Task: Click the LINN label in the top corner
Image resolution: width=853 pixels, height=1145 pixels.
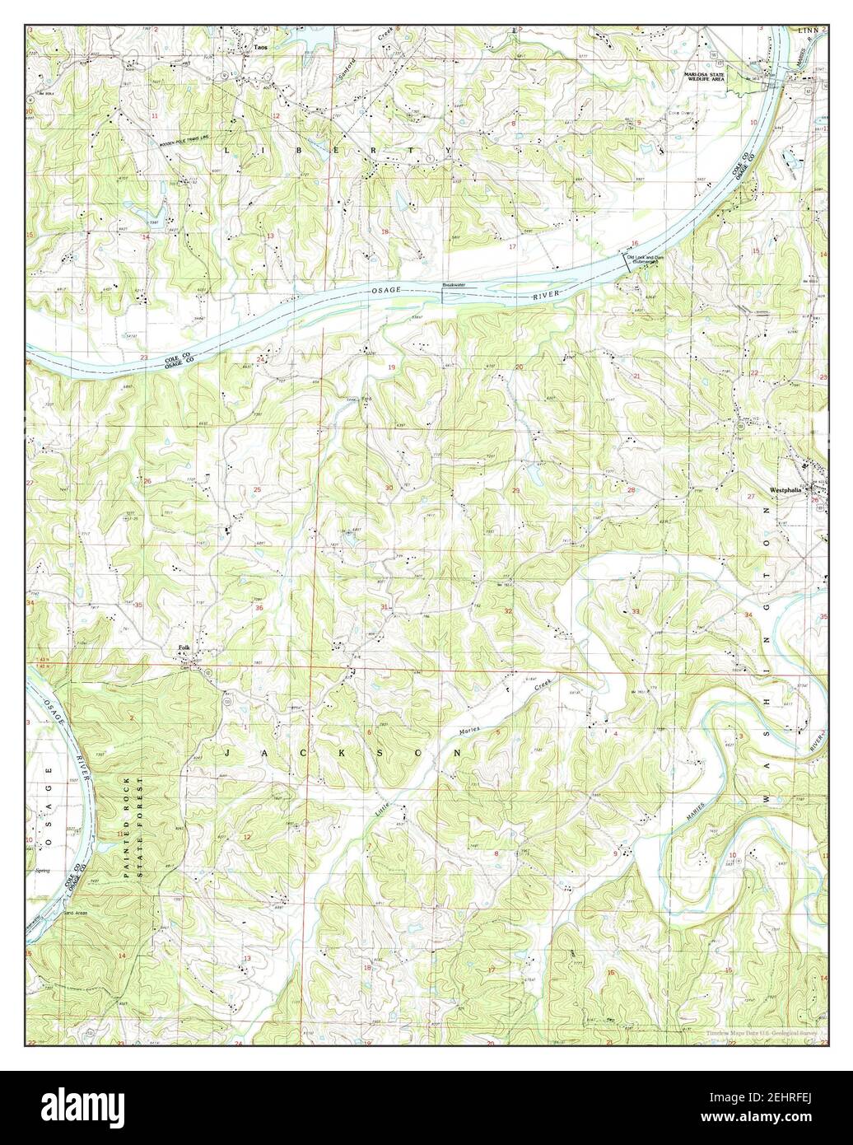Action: (808, 30)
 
